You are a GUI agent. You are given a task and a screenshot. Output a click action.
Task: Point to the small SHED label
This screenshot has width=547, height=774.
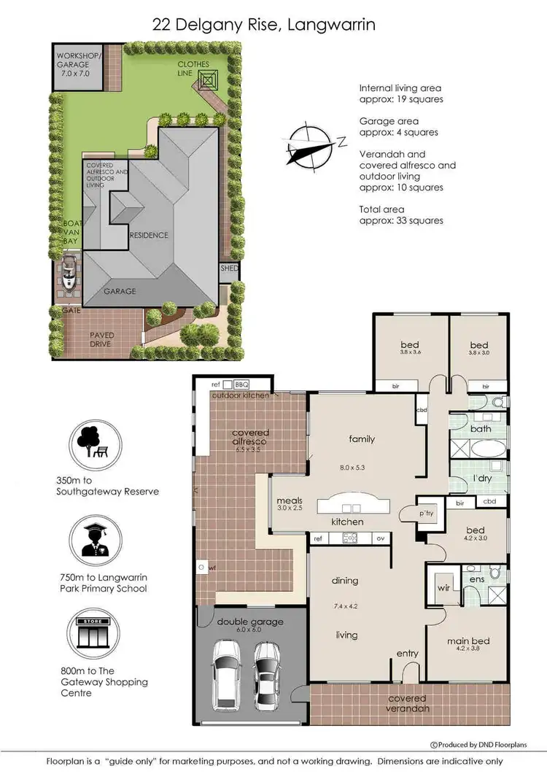[x=229, y=268]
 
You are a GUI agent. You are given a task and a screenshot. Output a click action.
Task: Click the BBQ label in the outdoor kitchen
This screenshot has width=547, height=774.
[x=242, y=384]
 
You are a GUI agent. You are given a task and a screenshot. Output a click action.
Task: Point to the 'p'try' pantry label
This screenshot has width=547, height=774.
[x=427, y=514]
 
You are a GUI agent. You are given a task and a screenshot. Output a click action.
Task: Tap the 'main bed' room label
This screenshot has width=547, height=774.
[x=468, y=641]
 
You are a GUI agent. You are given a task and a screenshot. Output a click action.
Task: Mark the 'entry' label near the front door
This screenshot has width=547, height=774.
[x=407, y=653]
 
